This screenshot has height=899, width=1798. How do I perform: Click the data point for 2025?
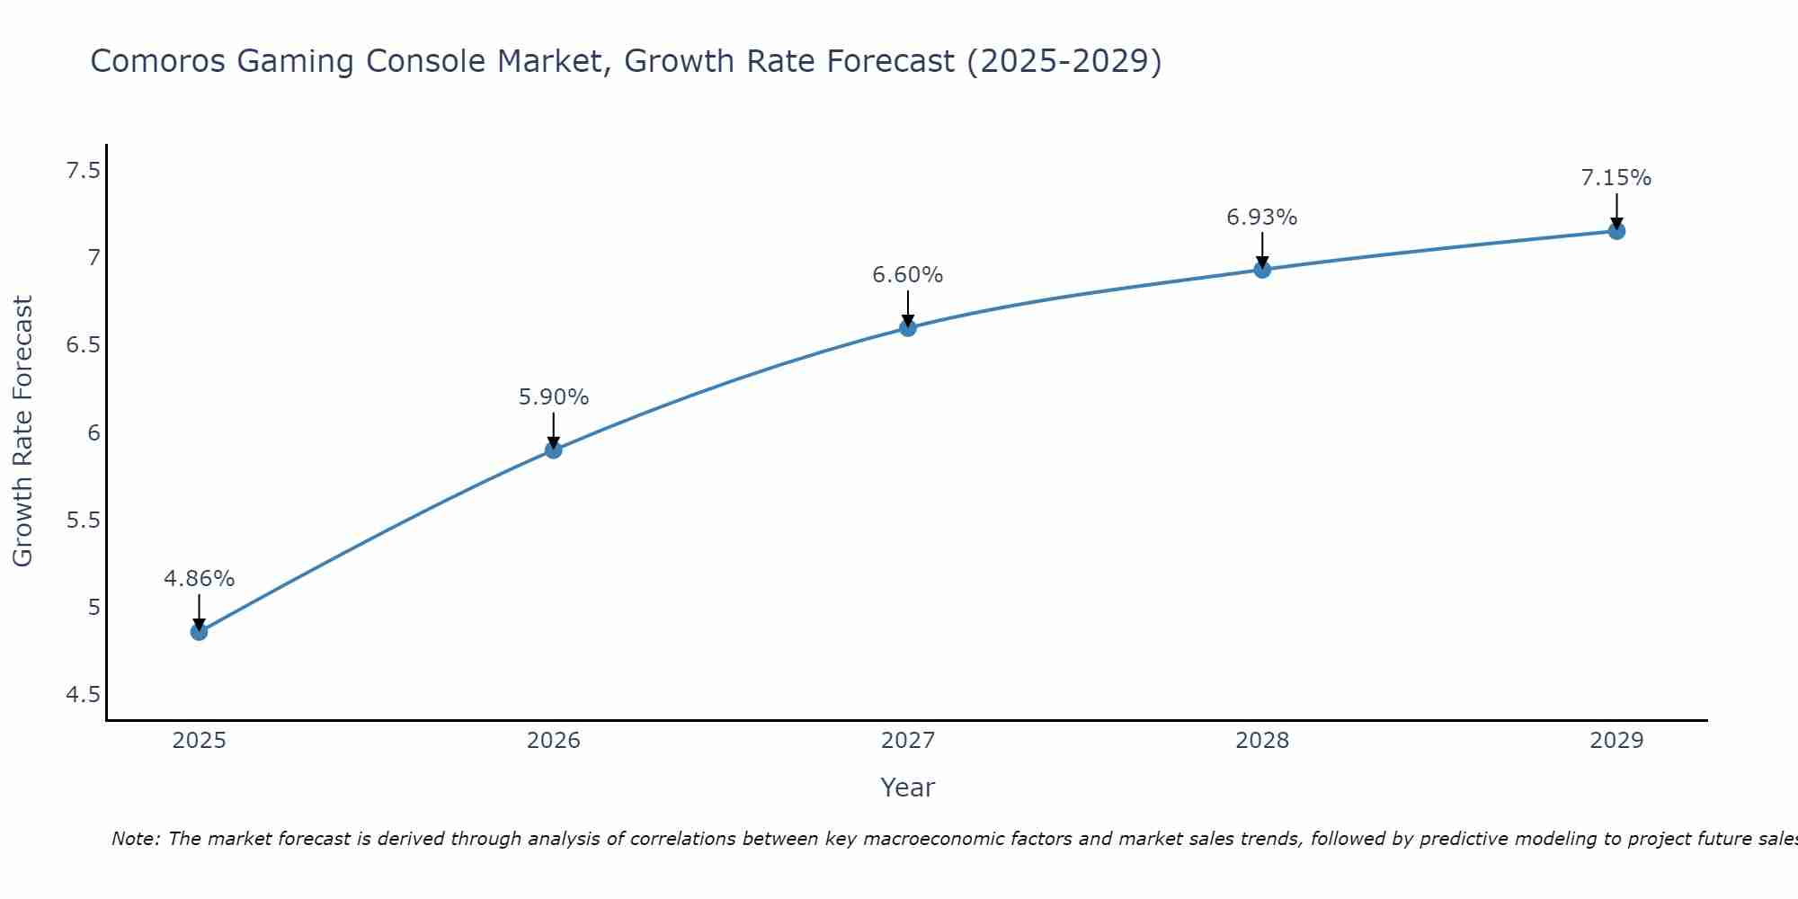(x=199, y=632)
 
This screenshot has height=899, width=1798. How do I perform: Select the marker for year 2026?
(x=554, y=449)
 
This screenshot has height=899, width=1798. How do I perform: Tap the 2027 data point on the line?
(x=908, y=327)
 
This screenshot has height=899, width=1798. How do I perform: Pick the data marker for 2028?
(x=1262, y=269)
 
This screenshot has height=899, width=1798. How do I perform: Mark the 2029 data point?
(x=1616, y=231)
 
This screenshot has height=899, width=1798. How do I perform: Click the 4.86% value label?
(x=199, y=579)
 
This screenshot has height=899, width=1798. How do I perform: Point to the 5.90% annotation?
(x=554, y=397)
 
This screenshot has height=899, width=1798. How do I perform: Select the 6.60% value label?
(x=908, y=275)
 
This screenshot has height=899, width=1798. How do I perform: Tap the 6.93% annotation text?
(x=1262, y=218)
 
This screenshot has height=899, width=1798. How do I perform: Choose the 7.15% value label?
(x=1616, y=178)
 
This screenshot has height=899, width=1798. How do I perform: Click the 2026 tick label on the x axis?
(x=554, y=741)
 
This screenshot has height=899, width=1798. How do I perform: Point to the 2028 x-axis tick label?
(x=1262, y=741)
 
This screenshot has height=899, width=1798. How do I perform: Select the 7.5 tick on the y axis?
(x=83, y=170)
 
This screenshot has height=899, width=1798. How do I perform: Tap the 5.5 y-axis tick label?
(x=83, y=521)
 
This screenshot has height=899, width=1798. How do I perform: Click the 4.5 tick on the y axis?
(x=83, y=695)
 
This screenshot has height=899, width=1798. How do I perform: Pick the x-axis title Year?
(x=908, y=788)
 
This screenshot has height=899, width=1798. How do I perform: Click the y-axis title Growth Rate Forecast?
(x=22, y=431)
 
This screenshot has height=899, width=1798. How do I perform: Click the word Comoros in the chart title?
(x=157, y=61)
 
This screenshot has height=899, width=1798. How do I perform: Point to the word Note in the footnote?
(x=135, y=839)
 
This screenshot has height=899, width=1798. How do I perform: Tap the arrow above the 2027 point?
(x=908, y=307)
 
